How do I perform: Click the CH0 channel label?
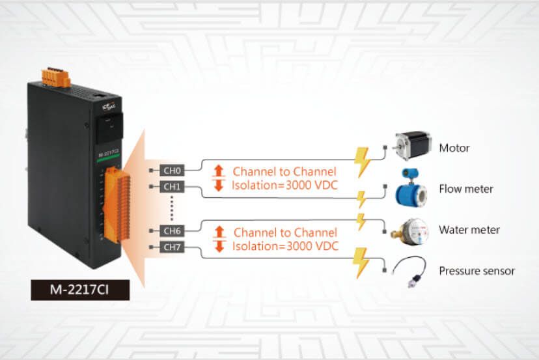(x=172, y=171)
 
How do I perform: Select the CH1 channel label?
(x=172, y=187)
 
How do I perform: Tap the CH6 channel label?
(x=172, y=230)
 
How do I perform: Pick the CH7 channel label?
(x=172, y=247)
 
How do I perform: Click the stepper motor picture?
(x=411, y=146)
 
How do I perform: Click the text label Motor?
(x=454, y=148)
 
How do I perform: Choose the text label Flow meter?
(x=466, y=189)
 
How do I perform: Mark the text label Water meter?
(x=469, y=230)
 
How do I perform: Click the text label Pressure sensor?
(x=477, y=271)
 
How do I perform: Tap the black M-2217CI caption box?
(x=80, y=289)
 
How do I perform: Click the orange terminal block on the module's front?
(x=110, y=202)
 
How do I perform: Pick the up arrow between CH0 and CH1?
(x=219, y=171)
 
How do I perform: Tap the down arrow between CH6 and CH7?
(x=219, y=247)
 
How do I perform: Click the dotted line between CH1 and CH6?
(x=171, y=208)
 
